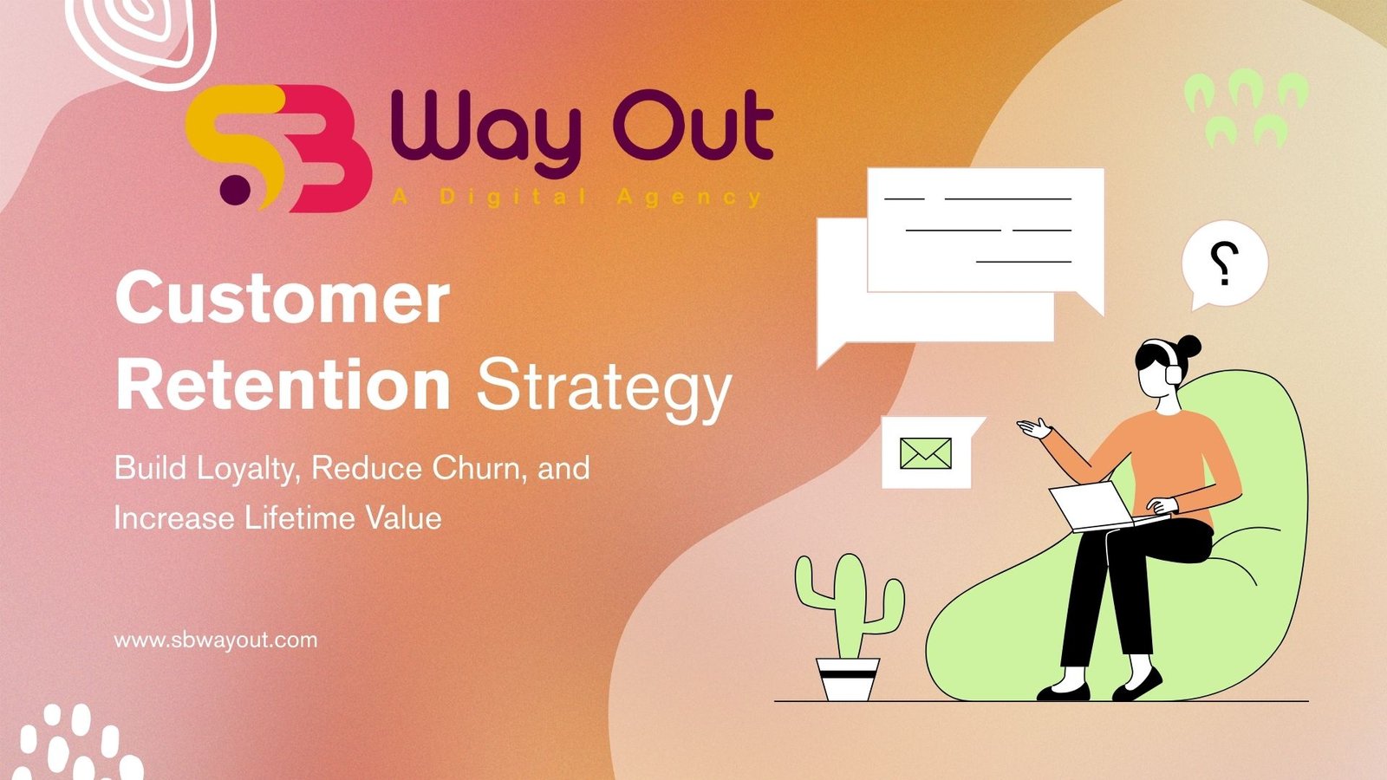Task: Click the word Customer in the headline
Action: click(x=282, y=299)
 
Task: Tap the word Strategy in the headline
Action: click(x=603, y=388)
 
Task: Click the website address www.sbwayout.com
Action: click(x=216, y=640)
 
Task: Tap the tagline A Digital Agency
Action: click(x=576, y=198)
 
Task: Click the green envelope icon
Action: click(x=925, y=453)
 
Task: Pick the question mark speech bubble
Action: click(x=1224, y=263)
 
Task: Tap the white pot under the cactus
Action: click(x=848, y=679)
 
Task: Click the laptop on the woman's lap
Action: click(x=1094, y=506)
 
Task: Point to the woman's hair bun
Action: click(x=1189, y=346)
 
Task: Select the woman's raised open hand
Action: click(x=1033, y=428)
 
